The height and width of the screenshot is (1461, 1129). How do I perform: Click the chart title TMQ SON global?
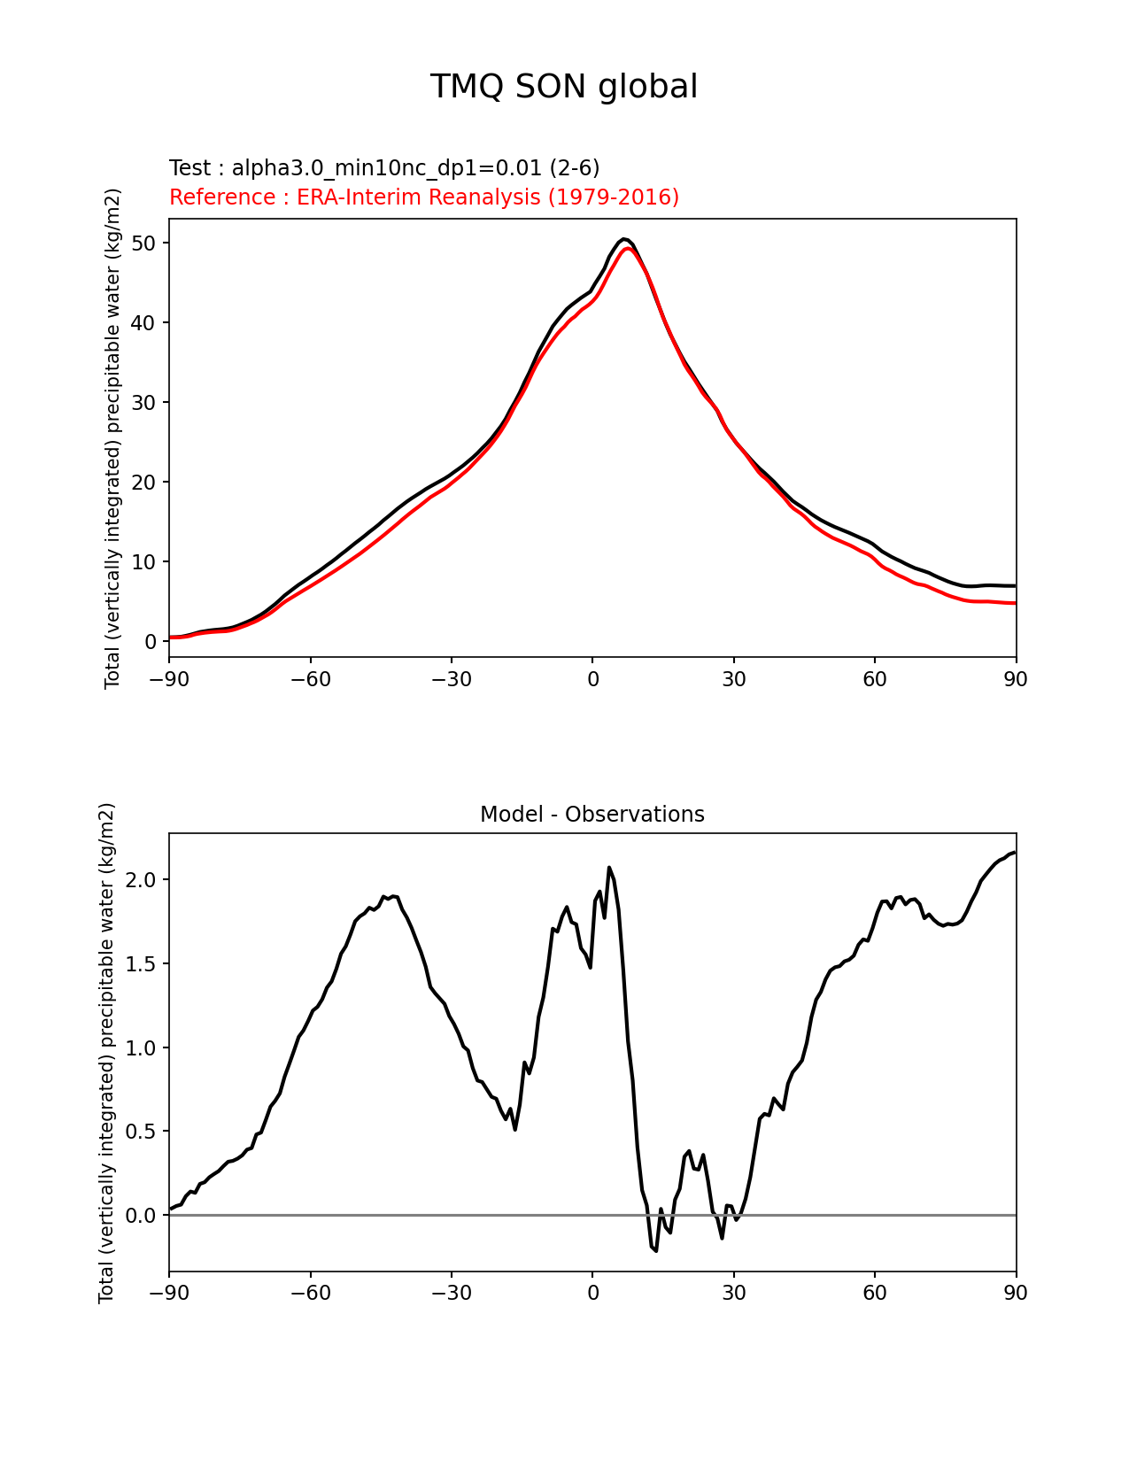pyautogui.click(x=564, y=87)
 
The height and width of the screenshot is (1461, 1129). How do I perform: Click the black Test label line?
pyautogui.click(x=384, y=168)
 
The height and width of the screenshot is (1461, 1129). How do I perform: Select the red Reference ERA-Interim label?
pyautogui.click(x=424, y=197)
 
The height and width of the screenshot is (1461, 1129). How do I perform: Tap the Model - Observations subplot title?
pyautogui.click(x=592, y=815)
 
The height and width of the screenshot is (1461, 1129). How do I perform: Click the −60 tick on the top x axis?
pyautogui.click(x=311, y=679)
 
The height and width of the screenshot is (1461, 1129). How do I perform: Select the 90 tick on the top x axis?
pyautogui.click(x=1016, y=679)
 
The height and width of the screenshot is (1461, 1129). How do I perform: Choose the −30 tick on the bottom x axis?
pyautogui.click(x=452, y=1293)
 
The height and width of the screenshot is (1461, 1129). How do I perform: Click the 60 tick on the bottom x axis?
pyautogui.click(x=875, y=1293)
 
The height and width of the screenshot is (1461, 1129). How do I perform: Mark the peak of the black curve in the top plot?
pyautogui.click(x=623, y=239)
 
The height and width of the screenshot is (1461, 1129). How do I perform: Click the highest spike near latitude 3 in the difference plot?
pyautogui.click(x=608, y=868)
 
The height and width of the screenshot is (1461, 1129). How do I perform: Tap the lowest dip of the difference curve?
pyautogui.click(x=656, y=1250)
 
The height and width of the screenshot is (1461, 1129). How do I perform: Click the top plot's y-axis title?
pyautogui.click(x=112, y=438)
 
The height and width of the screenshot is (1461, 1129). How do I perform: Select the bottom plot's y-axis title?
pyautogui.click(x=107, y=1053)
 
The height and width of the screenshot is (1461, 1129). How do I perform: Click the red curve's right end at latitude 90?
pyautogui.click(x=1015, y=603)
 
